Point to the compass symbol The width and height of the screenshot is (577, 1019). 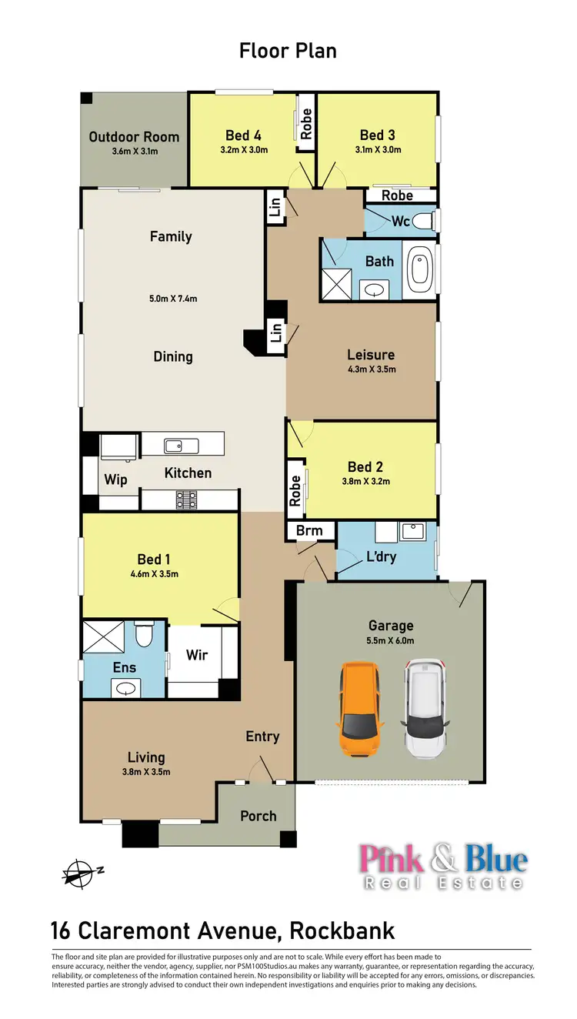click(x=78, y=873)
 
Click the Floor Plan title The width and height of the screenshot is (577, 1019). click(x=288, y=51)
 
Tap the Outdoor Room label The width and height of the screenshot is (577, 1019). click(x=134, y=137)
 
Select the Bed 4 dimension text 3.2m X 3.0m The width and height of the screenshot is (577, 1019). click(x=243, y=150)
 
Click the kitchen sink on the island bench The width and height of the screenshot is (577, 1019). click(x=181, y=445)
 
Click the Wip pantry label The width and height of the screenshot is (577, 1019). click(x=115, y=479)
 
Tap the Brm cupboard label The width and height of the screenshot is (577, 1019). click(x=310, y=530)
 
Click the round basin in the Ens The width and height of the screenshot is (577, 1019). click(x=123, y=688)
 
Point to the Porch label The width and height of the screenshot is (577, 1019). click(x=258, y=816)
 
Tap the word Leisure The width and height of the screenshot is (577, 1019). click(x=371, y=355)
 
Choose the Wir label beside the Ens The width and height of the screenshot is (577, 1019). click(x=197, y=656)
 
